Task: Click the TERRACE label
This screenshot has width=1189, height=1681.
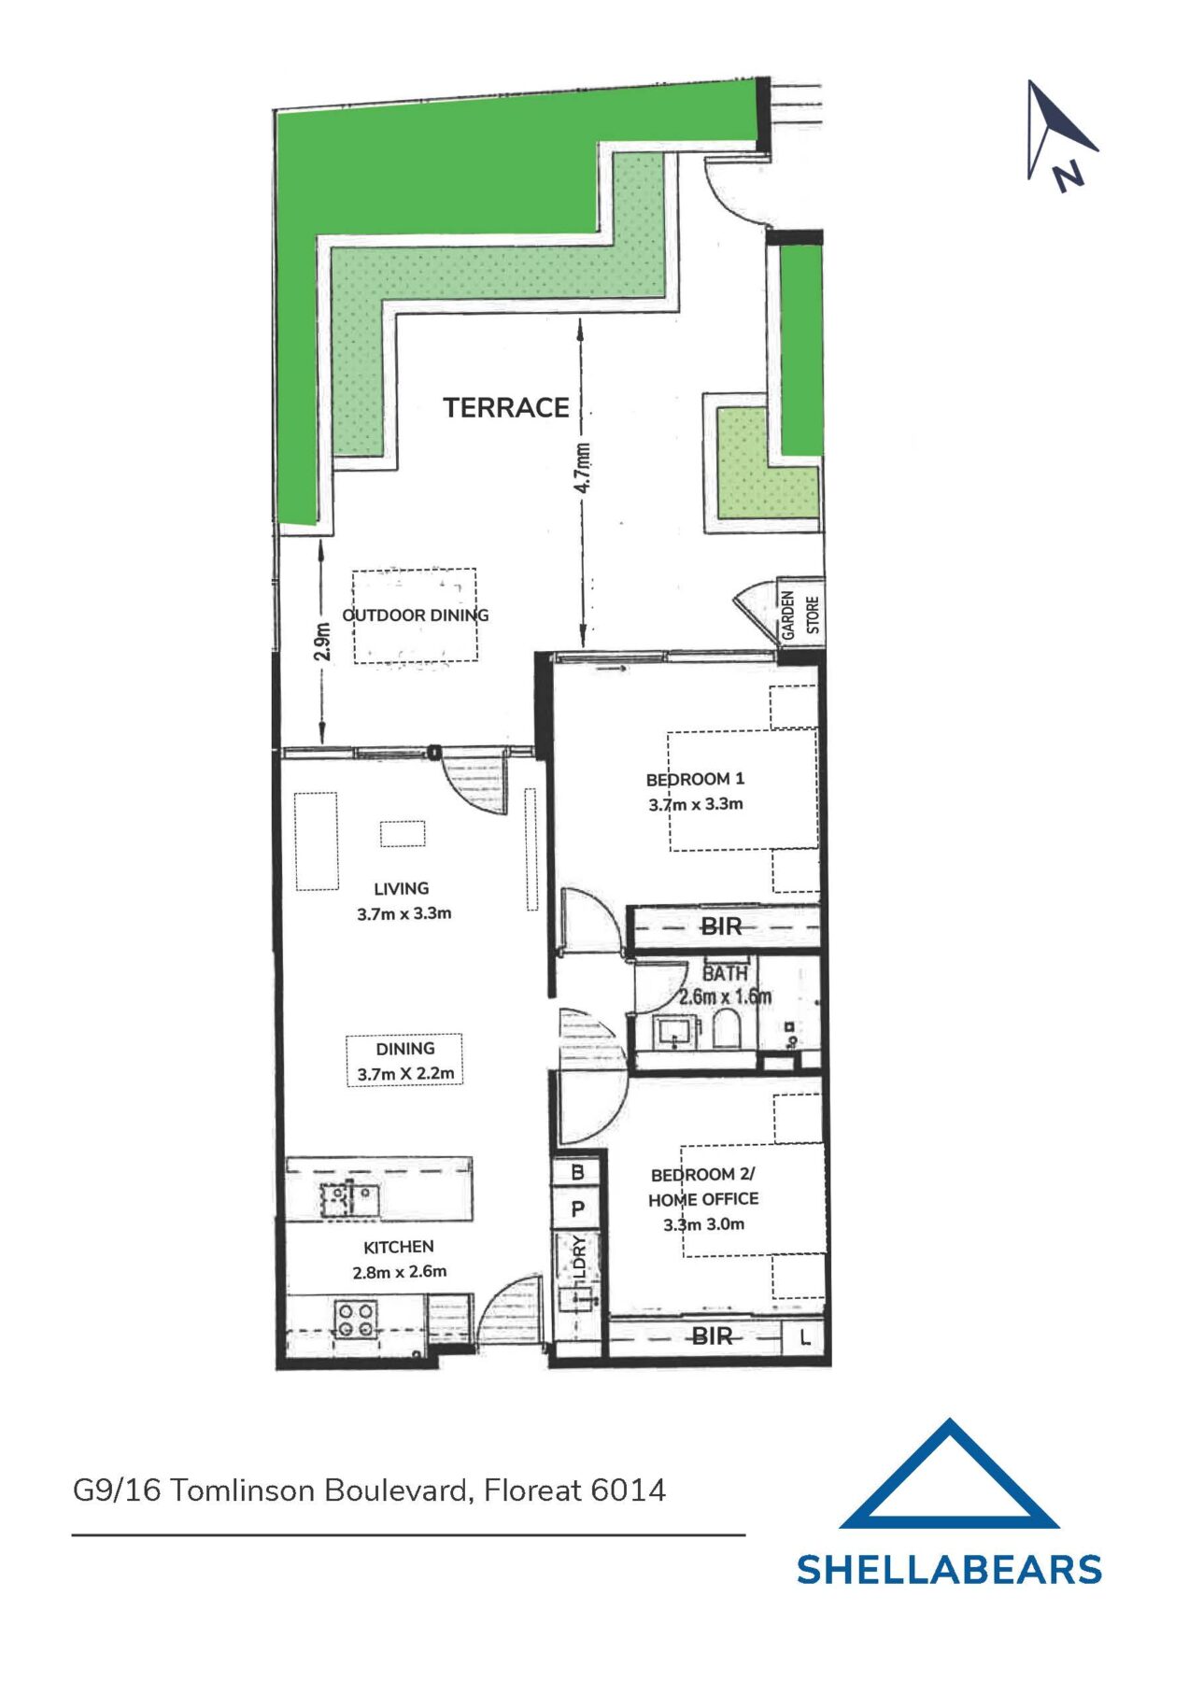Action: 505,407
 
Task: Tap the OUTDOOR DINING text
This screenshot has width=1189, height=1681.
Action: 415,615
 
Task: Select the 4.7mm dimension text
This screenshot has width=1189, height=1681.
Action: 582,468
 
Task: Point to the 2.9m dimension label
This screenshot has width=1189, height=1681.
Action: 321,642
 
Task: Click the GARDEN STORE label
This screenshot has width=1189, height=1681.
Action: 800,614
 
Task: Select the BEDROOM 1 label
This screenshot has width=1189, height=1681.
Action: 695,779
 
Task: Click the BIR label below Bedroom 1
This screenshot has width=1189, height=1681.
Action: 721,926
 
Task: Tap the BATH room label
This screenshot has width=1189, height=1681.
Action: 725,973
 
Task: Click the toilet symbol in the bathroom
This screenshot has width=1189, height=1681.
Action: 726,1031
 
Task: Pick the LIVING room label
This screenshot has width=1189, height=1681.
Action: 401,889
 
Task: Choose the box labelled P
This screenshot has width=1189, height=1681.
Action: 577,1209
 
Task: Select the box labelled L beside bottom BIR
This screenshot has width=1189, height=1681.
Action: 805,1337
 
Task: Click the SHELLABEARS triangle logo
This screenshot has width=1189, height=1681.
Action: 949,1478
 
